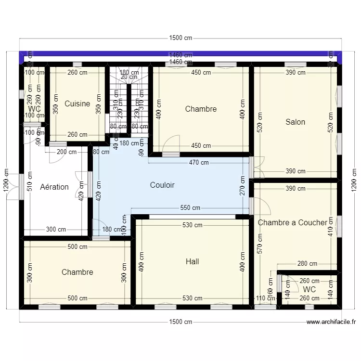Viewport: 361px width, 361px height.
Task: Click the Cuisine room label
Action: coord(77,103)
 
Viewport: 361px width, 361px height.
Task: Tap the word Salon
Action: coord(295,122)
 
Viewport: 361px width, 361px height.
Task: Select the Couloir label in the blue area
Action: coord(162,185)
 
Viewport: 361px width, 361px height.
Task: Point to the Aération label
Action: coord(54,187)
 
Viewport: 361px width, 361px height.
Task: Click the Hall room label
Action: coord(192,262)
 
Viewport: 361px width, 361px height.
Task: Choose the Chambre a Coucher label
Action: coord(292,222)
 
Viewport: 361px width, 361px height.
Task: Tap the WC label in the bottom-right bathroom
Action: coord(309,289)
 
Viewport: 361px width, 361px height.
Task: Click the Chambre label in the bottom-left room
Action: coord(77,272)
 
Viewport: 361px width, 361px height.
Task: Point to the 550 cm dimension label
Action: coord(190,208)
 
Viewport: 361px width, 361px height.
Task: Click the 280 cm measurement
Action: coord(307,263)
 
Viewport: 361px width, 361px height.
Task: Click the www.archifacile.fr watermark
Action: coord(331,322)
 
